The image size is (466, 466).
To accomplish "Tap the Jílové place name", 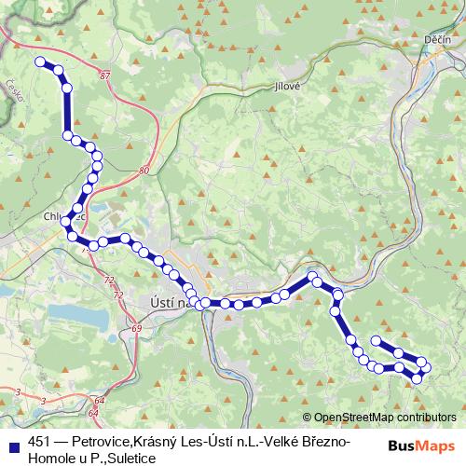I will (287, 85).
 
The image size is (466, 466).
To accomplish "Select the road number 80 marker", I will (143, 171).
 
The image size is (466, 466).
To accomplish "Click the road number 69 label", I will (137, 329).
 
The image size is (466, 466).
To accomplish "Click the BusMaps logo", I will (421, 445).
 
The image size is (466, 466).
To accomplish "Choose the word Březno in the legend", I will (326, 441).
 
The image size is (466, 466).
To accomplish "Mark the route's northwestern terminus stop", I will (40, 62).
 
